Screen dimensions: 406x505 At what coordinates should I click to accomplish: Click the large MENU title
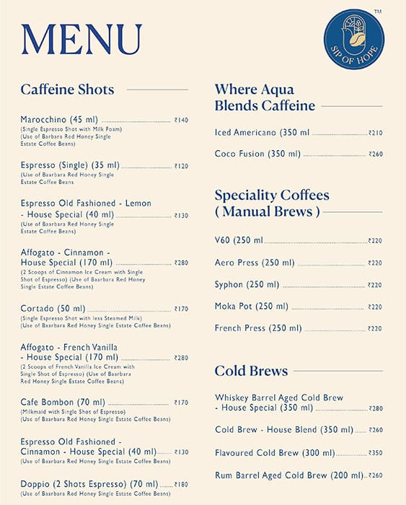click(81, 40)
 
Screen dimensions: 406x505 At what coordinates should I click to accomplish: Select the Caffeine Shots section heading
click(67, 89)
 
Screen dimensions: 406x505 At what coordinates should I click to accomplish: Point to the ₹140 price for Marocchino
click(181, 120)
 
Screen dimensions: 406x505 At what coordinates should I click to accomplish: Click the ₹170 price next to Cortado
click(181, 309)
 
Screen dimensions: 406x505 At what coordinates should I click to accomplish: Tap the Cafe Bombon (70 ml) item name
click(63, 402)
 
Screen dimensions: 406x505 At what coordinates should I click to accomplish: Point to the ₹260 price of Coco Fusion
click(376, 154)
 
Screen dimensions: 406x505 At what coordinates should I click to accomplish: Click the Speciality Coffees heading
click(272, 196)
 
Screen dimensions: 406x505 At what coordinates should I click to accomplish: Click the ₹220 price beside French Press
click(375, 329)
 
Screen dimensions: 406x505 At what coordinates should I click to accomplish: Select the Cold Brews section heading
click(251, 371)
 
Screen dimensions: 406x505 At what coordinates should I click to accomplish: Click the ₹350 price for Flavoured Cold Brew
click(376, 454)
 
